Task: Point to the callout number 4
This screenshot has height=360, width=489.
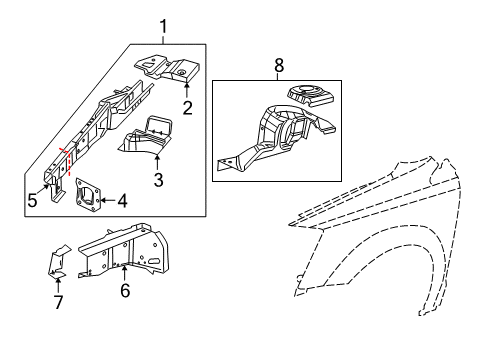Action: pyautogui.click(x=122, y=201)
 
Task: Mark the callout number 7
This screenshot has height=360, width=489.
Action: pyautogui.click(x=57, y=302)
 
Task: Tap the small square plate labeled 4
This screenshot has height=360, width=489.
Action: pyautogui.click(x=86, y=196)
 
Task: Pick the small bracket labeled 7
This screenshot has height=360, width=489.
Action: pyautogui.click(x=57, y=261)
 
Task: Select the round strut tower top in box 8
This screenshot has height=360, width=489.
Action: pyautogui.click(x=312, y=95)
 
